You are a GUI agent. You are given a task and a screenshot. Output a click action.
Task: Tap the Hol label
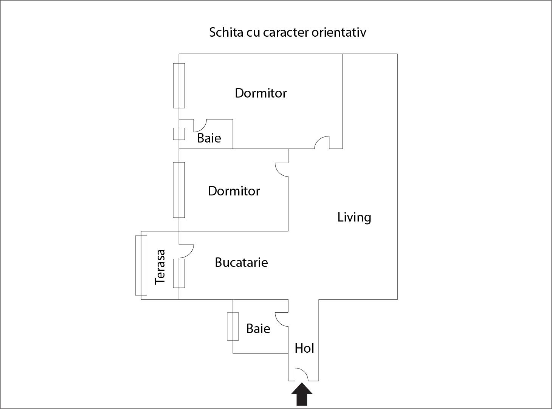pyautogui.click(x=304, y=348)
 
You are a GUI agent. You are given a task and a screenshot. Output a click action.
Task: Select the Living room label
pyautogui.click(x=354, y=217)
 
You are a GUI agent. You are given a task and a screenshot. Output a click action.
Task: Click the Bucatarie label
pyautogui.click(x=241, y=262)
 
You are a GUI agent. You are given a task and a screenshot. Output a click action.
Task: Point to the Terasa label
pyautogui.click(x=160, y=267)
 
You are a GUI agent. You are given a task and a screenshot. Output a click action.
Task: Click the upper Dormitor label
pyautogui.click(x=261, y=93)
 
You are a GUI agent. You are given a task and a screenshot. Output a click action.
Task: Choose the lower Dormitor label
pyautogui.click(x=234, y=191)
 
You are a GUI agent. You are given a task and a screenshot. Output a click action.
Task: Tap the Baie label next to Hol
pyautogui.click(x=258, y=328)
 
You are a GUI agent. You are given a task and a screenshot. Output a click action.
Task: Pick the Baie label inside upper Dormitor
pyautogui.click(x=209, y=138)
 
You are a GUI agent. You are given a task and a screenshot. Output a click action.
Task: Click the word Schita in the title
pyautogui.click(x=226, y=32)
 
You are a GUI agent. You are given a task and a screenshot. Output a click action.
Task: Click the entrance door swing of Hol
pyautogui.click(x=301, y=374)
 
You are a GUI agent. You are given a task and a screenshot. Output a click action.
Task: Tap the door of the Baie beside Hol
pyautogui.click(x=282, y=319)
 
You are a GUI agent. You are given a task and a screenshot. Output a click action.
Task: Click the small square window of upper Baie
pyautogui.click(x=179, y=134)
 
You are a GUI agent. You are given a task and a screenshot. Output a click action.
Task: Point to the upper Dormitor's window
pyautogui.click(x=179, y=85)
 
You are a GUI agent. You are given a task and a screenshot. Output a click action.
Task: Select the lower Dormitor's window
pyautogui.click(x=179, y=190)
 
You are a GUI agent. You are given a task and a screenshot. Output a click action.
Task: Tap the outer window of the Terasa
pyautogui.click(x=141, y=265)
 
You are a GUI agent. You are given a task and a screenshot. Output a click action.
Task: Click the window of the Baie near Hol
pyautogui.click(x=233, y=326)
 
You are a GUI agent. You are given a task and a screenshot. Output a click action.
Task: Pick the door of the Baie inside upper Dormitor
pyautogui.click(x=200, y=125)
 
